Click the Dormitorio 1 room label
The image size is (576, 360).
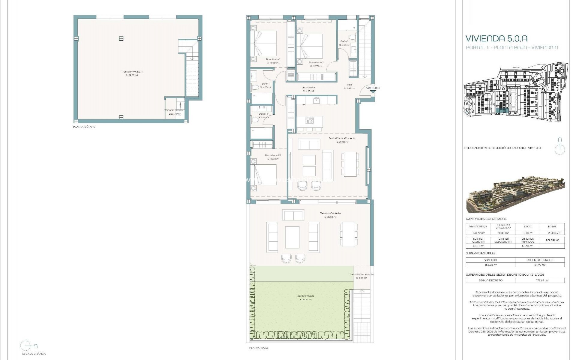click(273, 59)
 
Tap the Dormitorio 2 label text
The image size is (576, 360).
click(316, 63)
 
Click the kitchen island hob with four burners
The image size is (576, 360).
click(310, 121)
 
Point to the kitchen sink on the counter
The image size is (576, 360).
click(316, 100)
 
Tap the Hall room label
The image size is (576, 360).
click(349, 85)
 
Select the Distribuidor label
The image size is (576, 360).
click(308, 88)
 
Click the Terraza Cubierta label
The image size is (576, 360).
click(330, 213)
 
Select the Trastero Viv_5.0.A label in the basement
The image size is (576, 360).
click(132, 72)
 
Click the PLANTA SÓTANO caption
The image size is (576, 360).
click(84, 127)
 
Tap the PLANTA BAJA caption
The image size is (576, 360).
click(258, 348)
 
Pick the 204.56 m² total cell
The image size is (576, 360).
click(552, 233)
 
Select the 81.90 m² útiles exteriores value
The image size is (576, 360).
click(539, 265)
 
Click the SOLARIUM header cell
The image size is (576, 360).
click(552, 240)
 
